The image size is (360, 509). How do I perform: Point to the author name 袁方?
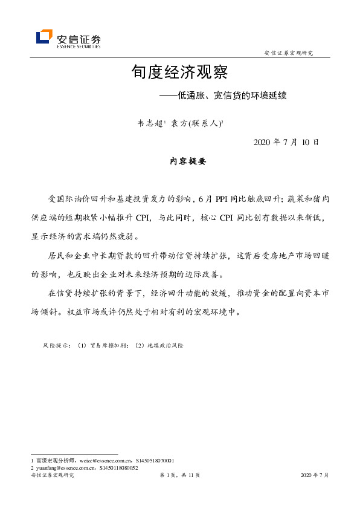179,123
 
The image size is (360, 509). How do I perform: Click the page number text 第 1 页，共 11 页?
179,476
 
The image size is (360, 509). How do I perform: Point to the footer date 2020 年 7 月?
314,476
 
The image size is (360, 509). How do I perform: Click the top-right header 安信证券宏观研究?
289,53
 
